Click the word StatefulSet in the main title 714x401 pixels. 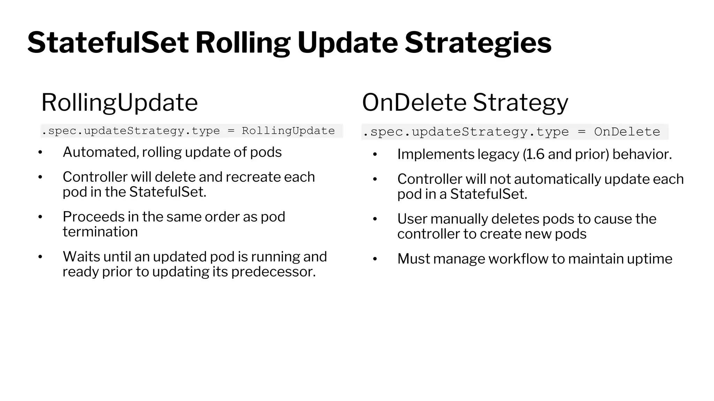tap(108, 43)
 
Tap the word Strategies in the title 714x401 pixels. tap(478, 43)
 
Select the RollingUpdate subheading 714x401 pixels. tap(120, 103)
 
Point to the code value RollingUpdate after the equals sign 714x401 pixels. tap(288, 131)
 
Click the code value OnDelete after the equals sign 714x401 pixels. tap(627, 132)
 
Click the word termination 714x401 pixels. tap(100, 232)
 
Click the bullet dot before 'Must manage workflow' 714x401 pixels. tap(375, 259)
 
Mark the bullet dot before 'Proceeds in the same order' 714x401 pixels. tap(40, 217)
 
